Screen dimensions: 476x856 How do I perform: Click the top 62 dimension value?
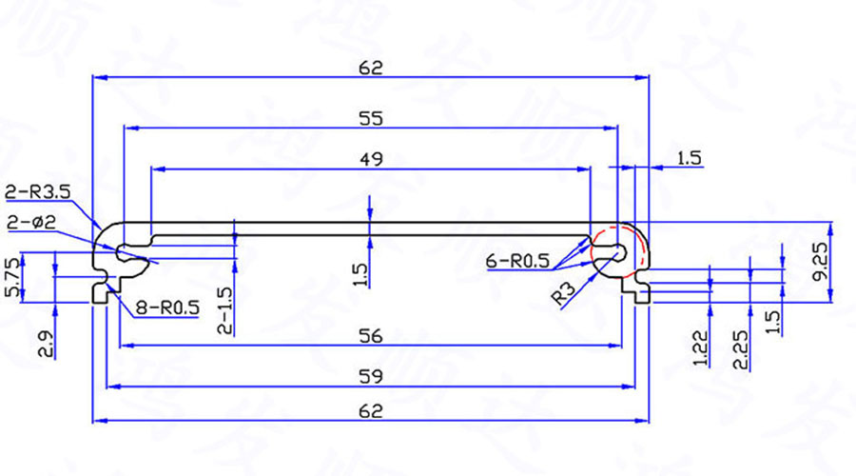pyautogui.click(x=371, y=67)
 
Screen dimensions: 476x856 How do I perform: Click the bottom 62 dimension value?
pyautogui.click(x=371, y=410)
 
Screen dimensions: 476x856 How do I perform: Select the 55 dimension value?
pyautogui.click(x=371, y=118)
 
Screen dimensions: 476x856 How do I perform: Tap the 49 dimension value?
pyautogui.click(x=371, y=159)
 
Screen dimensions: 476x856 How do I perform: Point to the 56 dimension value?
pyautogui.click(x=371, y=334)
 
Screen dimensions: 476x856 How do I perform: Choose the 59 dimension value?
pyautogui.click(x=371, y=376)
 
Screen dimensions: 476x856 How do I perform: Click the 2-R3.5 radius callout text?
pyautogui.click(x=38, y=192)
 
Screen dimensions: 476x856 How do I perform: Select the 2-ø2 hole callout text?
pyautogui.click(x=31, y=223)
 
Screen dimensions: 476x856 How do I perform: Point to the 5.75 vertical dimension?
pyautogui.click(x=11, y=277)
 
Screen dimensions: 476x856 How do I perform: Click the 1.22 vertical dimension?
pyautogui.click(x=701, y=348)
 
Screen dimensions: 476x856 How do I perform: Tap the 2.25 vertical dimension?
pyautogui.click(x=741, y=348)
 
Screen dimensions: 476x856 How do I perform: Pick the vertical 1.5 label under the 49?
pyautogui.click(x=359, y=275)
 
